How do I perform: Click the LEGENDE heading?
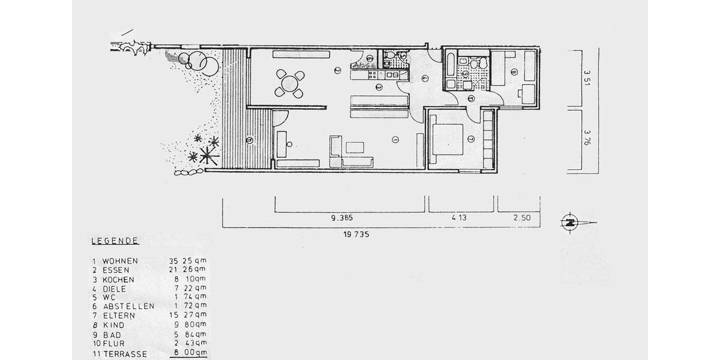[115, 241]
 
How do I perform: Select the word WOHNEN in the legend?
[120, 261]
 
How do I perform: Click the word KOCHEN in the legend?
[118, 280]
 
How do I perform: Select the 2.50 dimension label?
[522, 218]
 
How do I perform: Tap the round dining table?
[290, 83]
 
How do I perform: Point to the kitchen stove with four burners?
[372, 74]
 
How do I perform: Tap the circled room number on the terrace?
[249, 140]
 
